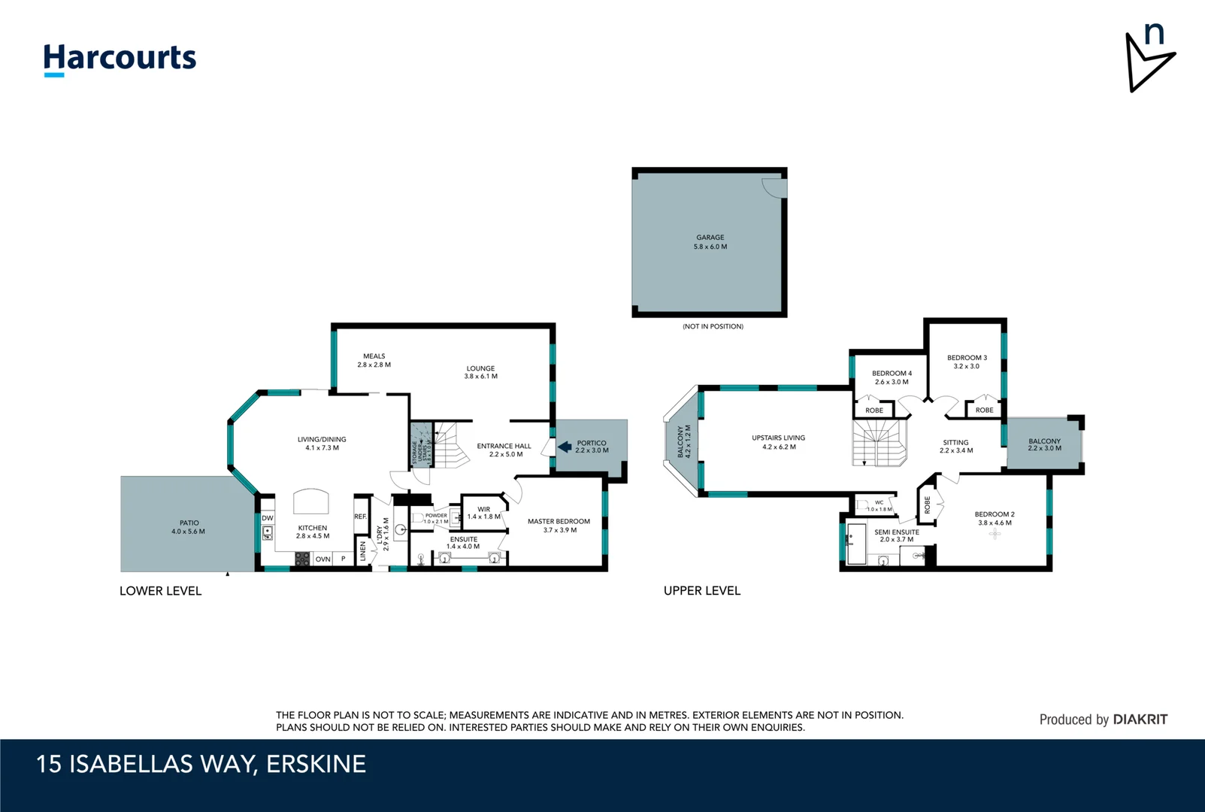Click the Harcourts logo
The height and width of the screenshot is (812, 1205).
pos(120,59)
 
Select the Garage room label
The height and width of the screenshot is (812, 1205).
pos(710,241)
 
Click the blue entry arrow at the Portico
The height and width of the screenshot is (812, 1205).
pos(565,447)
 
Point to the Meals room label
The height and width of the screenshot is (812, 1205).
pos(374,360)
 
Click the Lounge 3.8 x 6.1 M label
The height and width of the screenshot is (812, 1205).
pos(480,372)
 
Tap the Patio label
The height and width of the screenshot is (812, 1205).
pos(189,527)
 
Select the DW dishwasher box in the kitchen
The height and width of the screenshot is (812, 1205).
pos(268,518)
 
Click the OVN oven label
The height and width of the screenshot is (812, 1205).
pos(322,559)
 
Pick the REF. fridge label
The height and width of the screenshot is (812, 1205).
pos(361,517)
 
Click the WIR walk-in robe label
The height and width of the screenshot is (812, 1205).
pos(483,513)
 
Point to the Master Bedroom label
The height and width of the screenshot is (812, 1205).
pos(559,525)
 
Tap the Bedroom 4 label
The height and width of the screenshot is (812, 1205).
pos(892,377)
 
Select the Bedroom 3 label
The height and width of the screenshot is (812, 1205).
pos(967,362)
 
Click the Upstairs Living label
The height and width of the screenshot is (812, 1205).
pos(778,442)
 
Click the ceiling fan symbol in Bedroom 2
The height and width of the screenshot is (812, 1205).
pos(995,534)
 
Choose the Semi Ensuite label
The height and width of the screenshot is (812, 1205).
pos(896,535)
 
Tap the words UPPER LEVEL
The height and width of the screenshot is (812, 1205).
pos(701,591)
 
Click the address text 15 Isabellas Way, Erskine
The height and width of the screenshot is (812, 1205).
pos(201,764)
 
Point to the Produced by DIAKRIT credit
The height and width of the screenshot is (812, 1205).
pos(1103,720)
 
